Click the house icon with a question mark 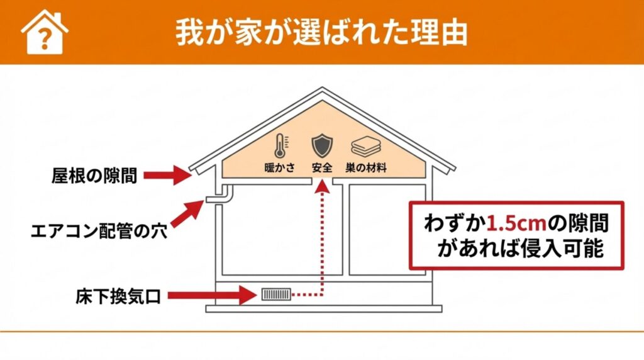tap(44, 32)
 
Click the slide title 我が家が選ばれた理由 tap(321, 32)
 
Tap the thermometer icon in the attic tap(279, 145)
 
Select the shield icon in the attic tap(321, 145)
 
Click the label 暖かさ tap(279, 169)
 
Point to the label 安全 tap(321, 169)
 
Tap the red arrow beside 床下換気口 tap(213, 294)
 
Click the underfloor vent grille tap(276, 294)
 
